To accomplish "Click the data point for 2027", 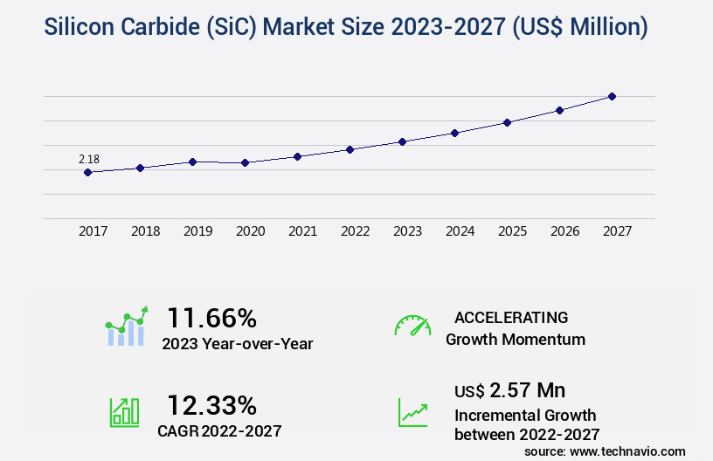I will click(x=612, y=96).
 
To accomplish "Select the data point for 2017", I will click(x=87, y=172).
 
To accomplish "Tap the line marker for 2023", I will click(x=402, y=141).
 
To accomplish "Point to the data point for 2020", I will click(x=245, y=162).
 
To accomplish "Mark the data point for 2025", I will click(x=507, y=122).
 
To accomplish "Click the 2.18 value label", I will click(x=89, y=159).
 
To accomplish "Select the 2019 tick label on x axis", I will click(x=197, y=231).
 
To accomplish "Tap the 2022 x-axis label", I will click(x=355, y=231).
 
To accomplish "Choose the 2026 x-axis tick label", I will click(x=564, y=231).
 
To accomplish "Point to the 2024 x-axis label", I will click(x=460, y=231).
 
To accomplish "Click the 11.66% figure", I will click(x=212, y=317).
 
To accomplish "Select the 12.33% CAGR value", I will click(x=212, y=405).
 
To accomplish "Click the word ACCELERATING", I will click(x=511, y=317).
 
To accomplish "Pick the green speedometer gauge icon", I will click(x=412, y=325).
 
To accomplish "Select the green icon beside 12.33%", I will click(x=124, y=412).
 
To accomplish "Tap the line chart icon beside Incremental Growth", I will click(x=412, y=412).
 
